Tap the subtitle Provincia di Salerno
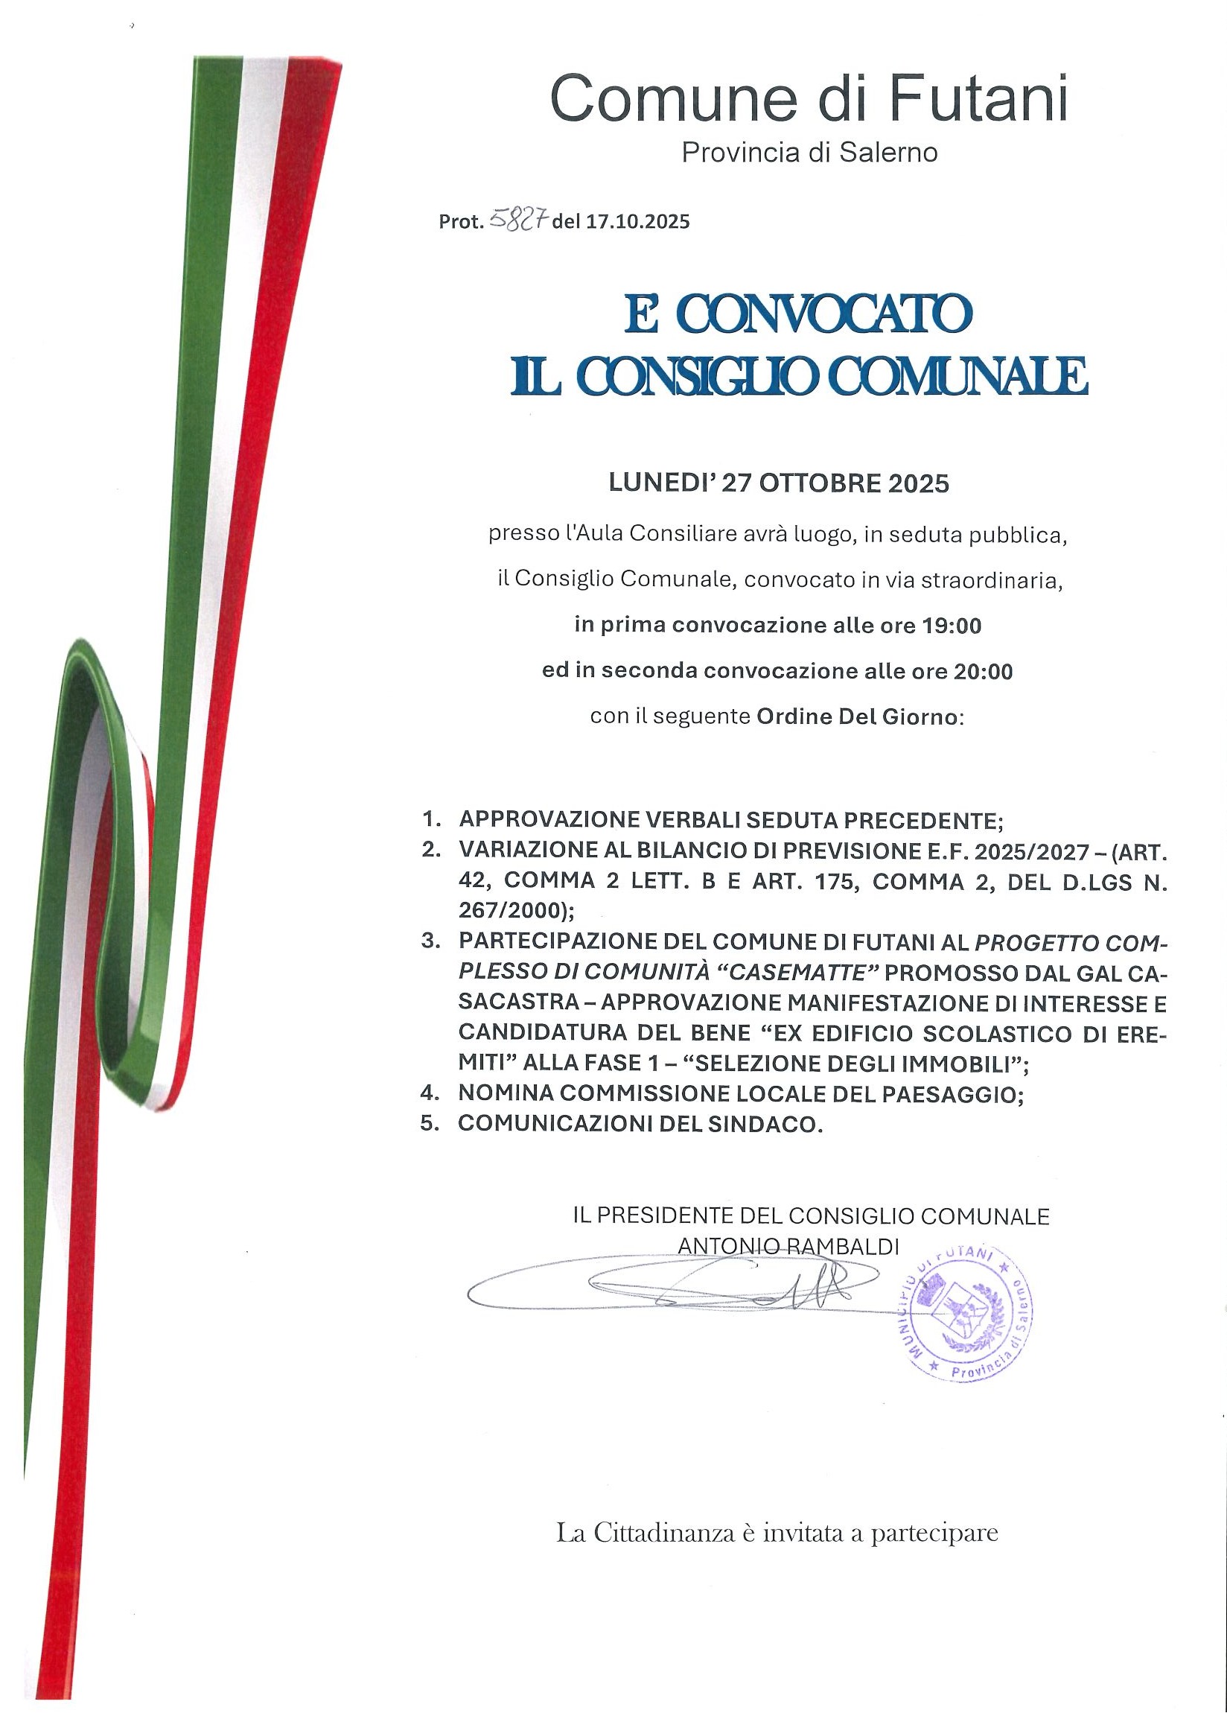pos(809,153)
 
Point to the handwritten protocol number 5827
pos(520,220)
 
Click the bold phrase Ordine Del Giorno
pos(856,715)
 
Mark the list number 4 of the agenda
pos(430,1093)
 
